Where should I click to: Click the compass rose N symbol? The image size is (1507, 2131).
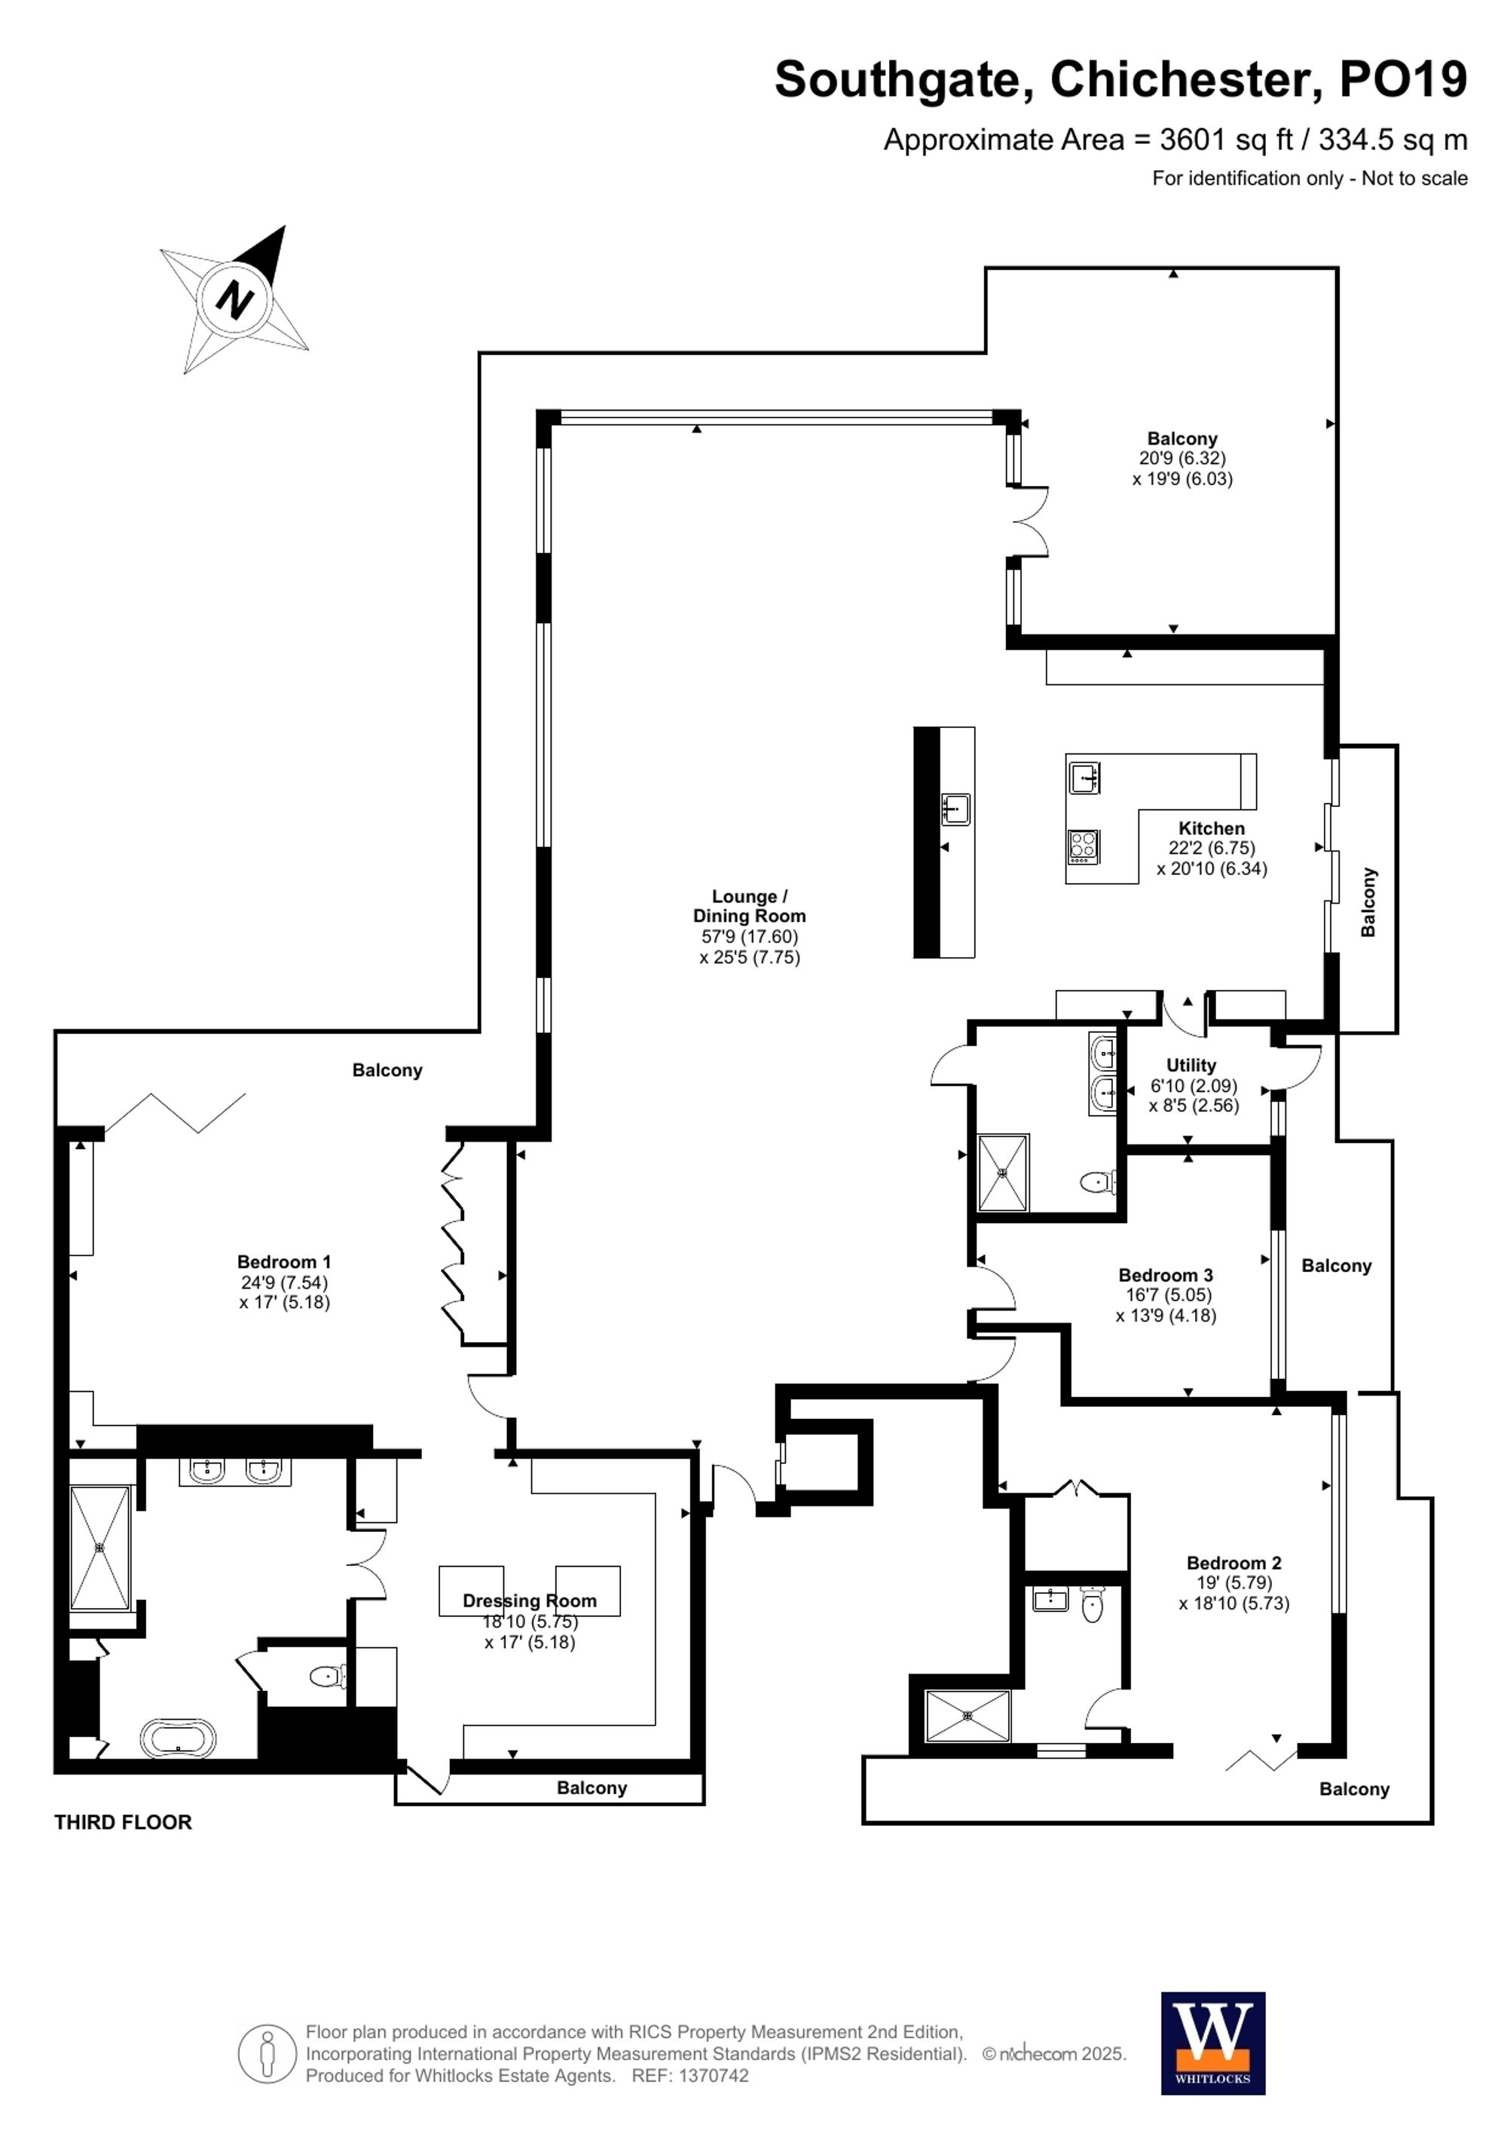click(235, 299)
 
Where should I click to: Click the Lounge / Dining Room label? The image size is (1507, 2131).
click(749, 906)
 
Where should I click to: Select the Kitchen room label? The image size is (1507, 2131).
click(1211, 828)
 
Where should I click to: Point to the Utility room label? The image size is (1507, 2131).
click(1191, 1065)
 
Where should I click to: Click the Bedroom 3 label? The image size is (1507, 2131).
click(1166, 1275)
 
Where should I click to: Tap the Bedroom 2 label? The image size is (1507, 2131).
click(1233, 1563)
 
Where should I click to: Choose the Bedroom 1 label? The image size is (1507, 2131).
click(284, 1261)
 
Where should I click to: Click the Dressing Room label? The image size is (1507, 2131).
click(529, 1601)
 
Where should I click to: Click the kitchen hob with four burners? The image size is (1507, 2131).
click(1083, 845)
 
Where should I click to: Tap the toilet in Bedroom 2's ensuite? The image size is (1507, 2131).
click(1093, 1603)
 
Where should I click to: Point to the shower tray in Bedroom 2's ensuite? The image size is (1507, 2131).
click(967, 1716)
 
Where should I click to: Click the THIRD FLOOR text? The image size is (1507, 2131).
click(123, 1822)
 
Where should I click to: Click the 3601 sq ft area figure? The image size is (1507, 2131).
click(1226, 139)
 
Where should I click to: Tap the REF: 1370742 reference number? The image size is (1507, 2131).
click(689, 2075)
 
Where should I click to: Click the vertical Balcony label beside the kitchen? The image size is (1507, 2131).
click(1368, 902)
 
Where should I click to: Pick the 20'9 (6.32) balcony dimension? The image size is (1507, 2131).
click(1182, 458)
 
